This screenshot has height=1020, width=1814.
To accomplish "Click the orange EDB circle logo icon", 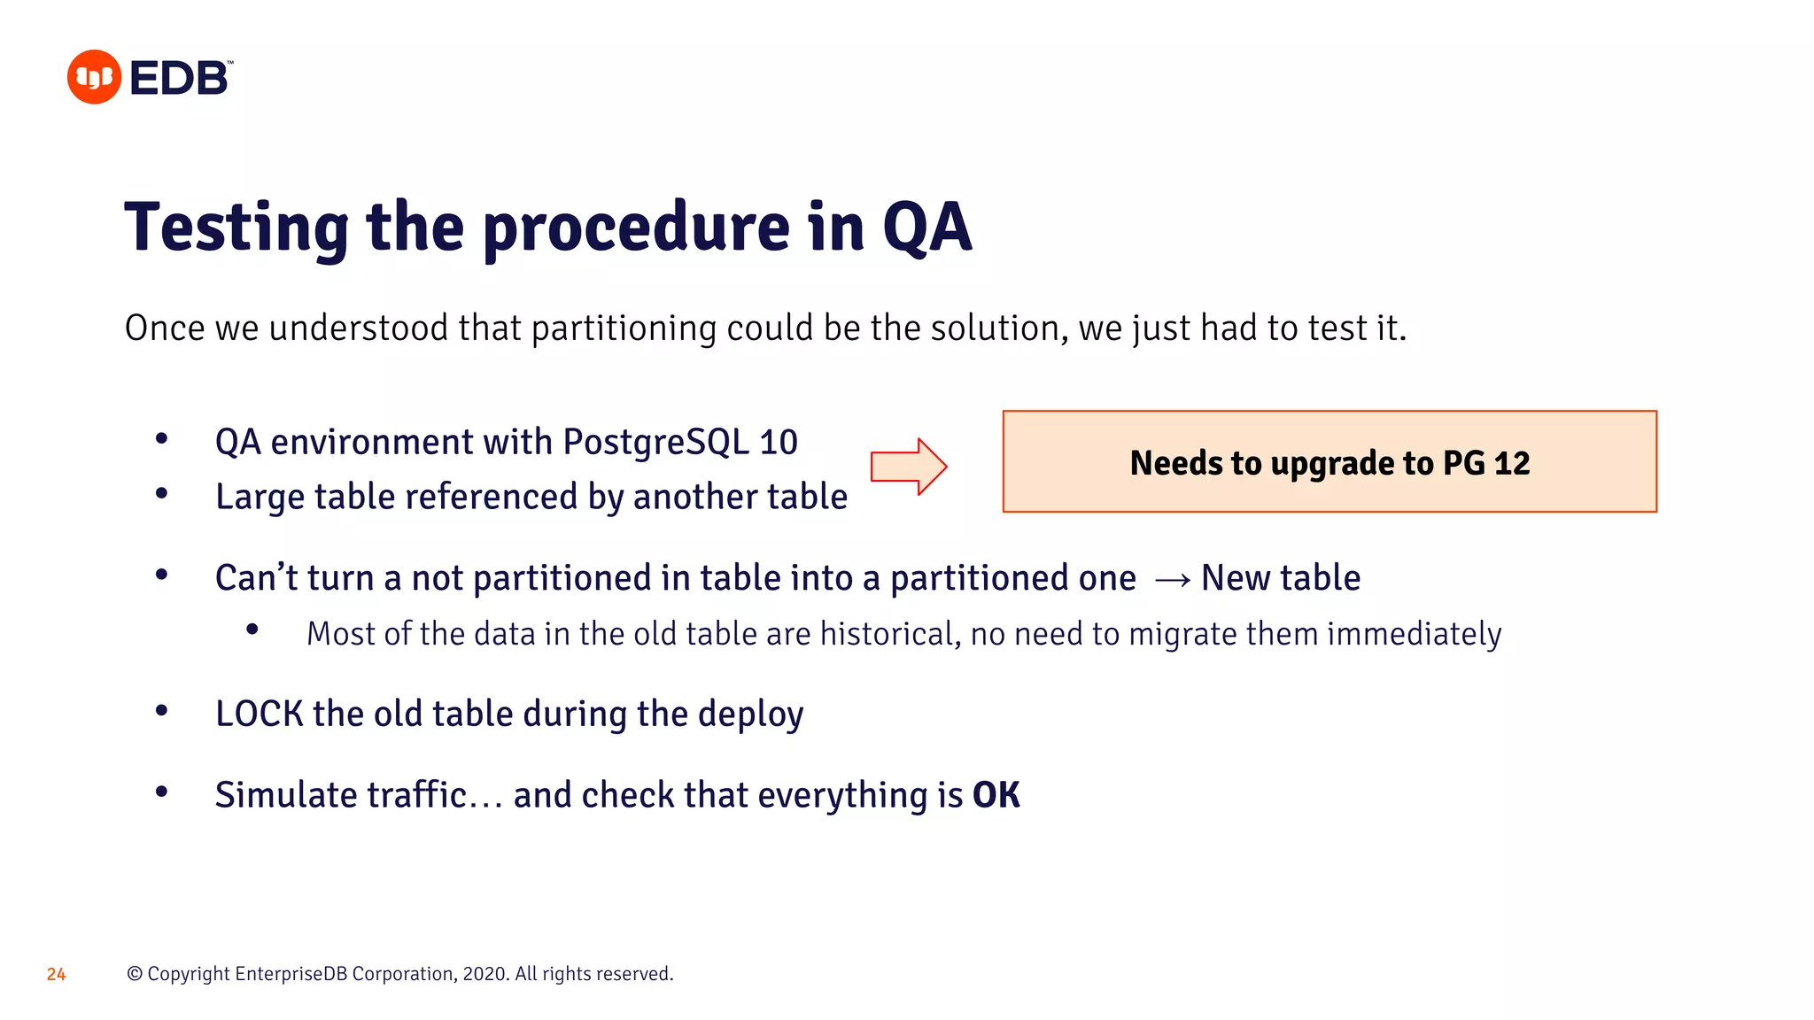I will (94, 77).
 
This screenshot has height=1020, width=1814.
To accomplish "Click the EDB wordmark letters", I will (180, 78).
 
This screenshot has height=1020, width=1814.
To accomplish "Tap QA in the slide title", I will (927, 228).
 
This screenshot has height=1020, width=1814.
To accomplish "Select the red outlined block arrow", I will (908, 467).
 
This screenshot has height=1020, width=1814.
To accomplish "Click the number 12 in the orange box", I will (1511, 463).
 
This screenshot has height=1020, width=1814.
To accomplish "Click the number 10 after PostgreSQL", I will (779, 442).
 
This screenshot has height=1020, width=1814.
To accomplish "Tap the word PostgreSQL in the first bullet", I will (655, 442).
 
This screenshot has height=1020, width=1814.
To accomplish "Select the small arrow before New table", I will (1173, 580).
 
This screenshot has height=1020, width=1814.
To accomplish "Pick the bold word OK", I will (996, 795).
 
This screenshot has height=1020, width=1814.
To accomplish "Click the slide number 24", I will (56, 974).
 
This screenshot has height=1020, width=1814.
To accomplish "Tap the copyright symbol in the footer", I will (135, 974).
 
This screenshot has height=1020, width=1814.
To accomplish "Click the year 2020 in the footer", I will (485, 974).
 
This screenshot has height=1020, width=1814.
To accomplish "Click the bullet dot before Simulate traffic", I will (161, 792).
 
